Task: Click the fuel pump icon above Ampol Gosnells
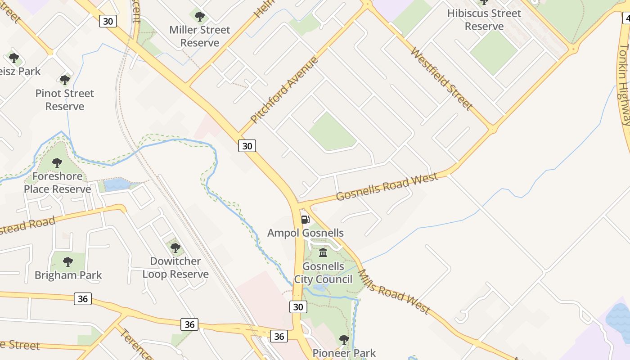tap(305, 220)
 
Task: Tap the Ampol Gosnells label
tap(305, 233)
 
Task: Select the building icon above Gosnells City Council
tap(323, 253)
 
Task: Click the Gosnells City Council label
tap(323, 273)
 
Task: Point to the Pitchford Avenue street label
tap(284, 90)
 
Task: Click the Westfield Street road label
tap(441, 79)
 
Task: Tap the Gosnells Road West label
tap(387, 187)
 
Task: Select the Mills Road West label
tap(394, 292)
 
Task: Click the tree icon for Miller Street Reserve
tap(200, 17)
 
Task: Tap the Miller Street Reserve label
tap(200, 36)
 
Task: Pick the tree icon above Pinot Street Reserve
tap(65, 80)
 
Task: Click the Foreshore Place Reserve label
tap(57, 182)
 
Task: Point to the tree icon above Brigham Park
tap(68, 261)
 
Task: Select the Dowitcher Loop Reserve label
tap(175, 268)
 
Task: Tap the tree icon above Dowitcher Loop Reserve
tap(175, 247)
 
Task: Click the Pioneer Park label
tap(344, 353)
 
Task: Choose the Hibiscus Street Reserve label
tap(484, 20)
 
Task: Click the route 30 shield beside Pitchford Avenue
tap(247, 146)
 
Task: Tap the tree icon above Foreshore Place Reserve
tap(57, 162)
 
